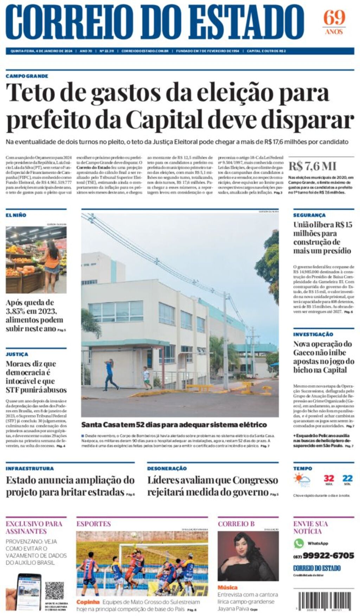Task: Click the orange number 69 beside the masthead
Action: coord(334,18)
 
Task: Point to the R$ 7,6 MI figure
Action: coord(313,166)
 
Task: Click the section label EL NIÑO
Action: coord(16,215)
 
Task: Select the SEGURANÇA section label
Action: coord(309,215)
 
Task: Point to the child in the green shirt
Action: coord(146,377)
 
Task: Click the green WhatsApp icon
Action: coord(299,543)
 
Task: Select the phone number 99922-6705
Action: coord(328,556)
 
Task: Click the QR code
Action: coord(54,590)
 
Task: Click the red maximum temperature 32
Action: coord(329,478)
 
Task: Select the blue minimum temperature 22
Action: coord(347,478)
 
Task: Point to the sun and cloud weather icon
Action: coord(302,480)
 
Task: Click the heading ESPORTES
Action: coord(94,524)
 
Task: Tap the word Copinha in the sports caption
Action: coord(88,602)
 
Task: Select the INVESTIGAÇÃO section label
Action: coord(313,334)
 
